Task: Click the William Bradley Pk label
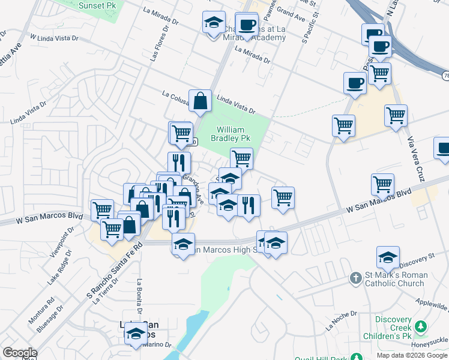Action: pyautogui.click(x=231, y=134)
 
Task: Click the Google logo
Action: pyautogui.click(x=19, y=353)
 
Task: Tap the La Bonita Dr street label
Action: pyautogui.click(x=139, y=297)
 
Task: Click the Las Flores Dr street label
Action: pyautogui.click(x=156, y=48)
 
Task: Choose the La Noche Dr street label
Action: pyautogui.click(x=341, y=320)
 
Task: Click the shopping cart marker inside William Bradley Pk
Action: pyautogui.click(x=241, y=158)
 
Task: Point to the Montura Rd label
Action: pyautogui.click(x=42, y=308)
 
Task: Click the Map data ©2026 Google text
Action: pyautogui.click(x=411, y=355)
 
